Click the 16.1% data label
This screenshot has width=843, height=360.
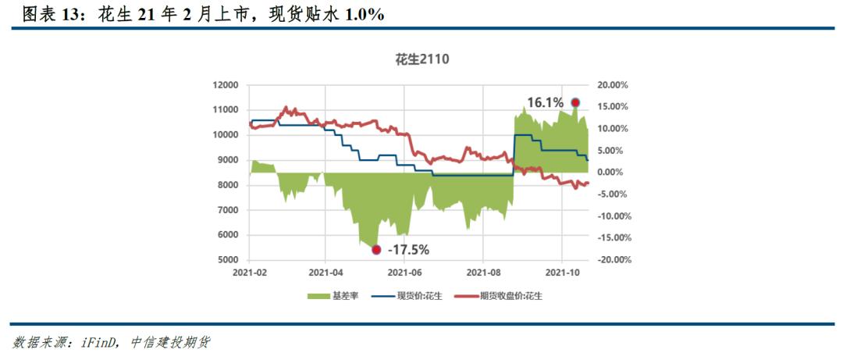pyautogui.click(x=545, y=102)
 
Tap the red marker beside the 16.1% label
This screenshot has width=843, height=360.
pyautogui.click(x=575, y=102)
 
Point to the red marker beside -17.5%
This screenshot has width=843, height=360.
pyautogui.click(x=376, y=250)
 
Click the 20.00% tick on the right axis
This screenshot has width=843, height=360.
pyautogui.click(x=613, y=84)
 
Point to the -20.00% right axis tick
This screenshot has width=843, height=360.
pyautogui.click(x=611, y=260)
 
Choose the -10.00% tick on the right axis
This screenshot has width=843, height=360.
pyautogui.click(x=611, y=216)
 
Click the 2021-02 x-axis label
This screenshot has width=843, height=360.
pyautogui.click(x=250, y=273)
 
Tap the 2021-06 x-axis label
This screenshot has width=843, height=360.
pyautogui.click(x=406, y=273)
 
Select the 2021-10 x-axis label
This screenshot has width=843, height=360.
pyautogui.click(x=562, y=273)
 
